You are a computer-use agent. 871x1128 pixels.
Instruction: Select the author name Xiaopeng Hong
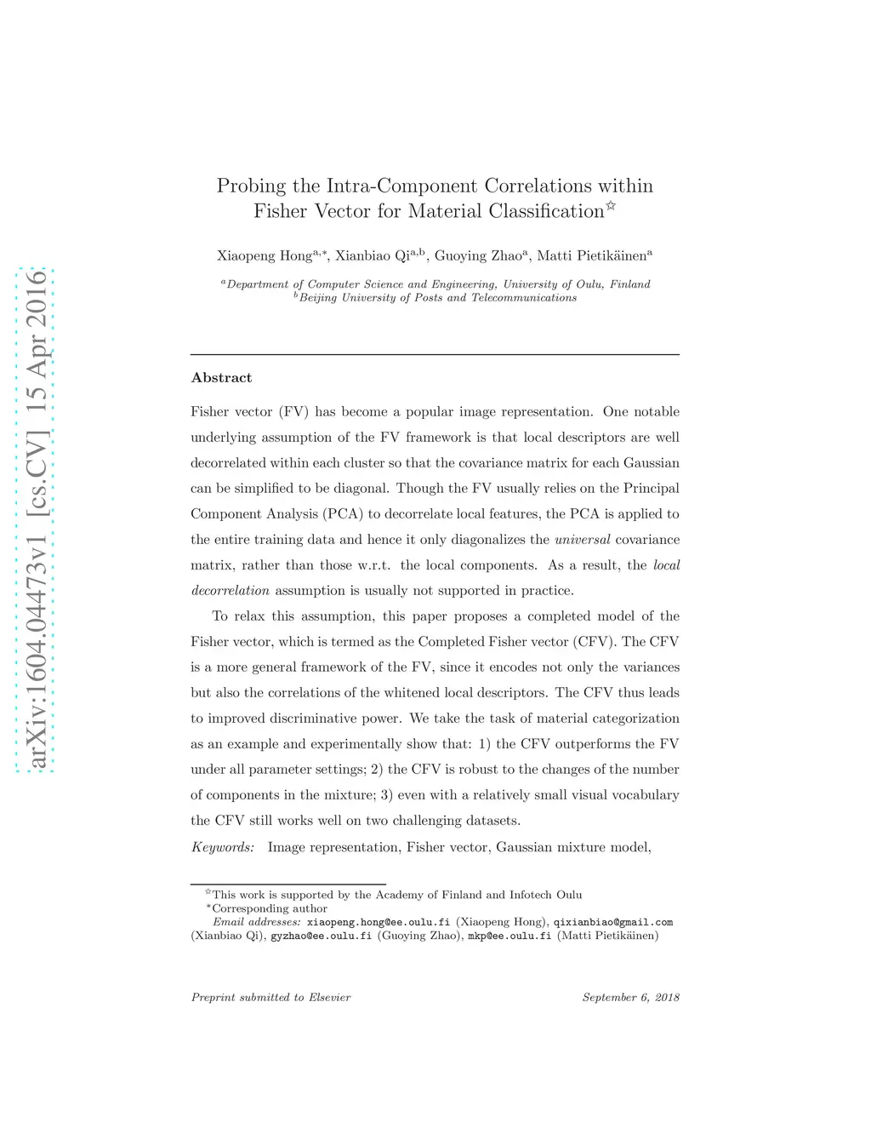tap(264, 255)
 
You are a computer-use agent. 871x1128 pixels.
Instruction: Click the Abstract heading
tap(221, 378)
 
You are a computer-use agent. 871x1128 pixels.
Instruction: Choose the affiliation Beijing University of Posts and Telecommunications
tap(437, 298)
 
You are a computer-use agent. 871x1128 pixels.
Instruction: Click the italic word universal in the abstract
tap(582, 540)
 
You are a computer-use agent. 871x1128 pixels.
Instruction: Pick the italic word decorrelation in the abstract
tap(231, 591)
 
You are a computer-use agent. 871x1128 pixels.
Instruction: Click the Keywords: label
tap(223, 847)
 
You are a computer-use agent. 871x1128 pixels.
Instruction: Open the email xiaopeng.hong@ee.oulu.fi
tap(379, 922)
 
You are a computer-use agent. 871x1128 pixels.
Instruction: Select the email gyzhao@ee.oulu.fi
tap(322, 936)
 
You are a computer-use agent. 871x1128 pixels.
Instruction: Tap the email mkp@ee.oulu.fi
tap(510, 936)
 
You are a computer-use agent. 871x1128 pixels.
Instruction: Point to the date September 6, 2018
tap(630, 998)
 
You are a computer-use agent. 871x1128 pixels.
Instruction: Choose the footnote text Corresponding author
tap(269, 908)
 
